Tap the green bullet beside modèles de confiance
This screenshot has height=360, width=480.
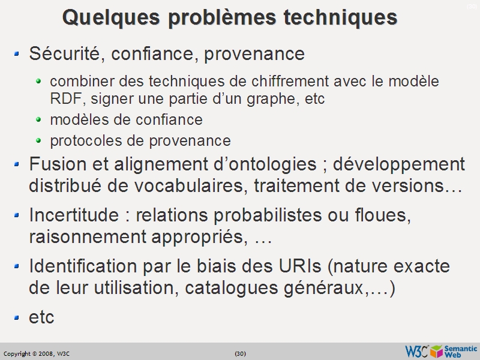39,119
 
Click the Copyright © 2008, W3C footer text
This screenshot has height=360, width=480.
37,353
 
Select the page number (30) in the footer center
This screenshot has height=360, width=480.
240,353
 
